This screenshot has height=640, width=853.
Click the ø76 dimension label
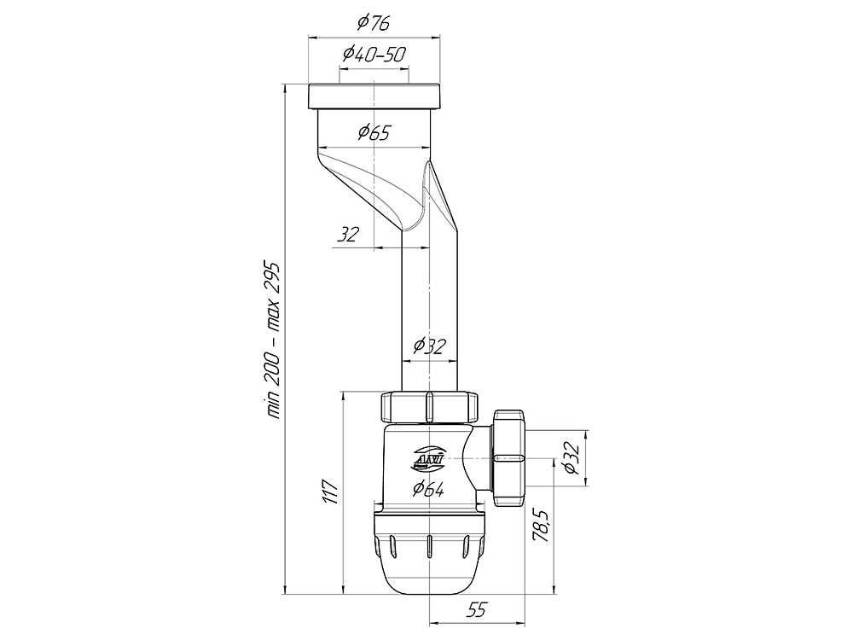[x=374, y=22]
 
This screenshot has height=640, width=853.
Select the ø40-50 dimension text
[x=374, y=54]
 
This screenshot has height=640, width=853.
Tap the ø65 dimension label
[x=374, y=132]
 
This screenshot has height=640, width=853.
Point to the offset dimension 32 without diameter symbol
[x=348, y=235]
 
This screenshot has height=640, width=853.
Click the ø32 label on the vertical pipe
[x=430, y=346]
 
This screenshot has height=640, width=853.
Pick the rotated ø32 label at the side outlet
[x=572, y=457]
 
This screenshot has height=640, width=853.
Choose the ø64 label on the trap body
[x=428, y=489]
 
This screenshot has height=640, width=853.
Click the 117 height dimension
[x=331, y=492]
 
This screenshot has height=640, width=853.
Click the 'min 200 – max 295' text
[x=273, y=340]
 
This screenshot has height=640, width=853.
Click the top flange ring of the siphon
[x=374, y=97]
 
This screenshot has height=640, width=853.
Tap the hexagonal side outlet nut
[x=508, y=458]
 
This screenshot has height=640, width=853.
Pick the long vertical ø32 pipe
[x=430, y=311]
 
